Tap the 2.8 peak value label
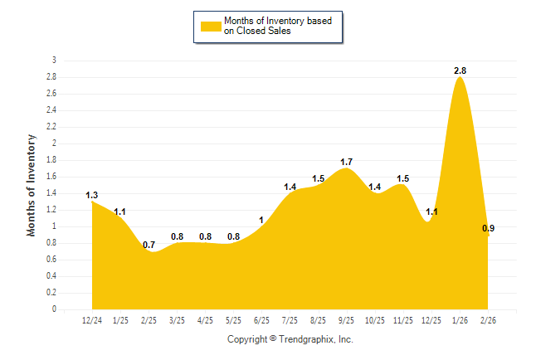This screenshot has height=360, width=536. pos(460,71)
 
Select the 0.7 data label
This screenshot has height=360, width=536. pos(149,245)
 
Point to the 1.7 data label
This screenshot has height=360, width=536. pos(347,161)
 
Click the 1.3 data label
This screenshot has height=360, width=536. pos(91,195)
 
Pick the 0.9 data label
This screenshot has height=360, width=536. pos(489,228)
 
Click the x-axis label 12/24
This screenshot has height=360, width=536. pos(93,320)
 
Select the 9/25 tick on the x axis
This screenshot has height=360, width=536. pos(347,320)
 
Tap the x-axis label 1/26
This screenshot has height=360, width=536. pos(460,320)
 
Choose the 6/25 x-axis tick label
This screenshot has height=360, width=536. pos(262,320)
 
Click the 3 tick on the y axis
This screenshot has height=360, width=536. pos(54,61)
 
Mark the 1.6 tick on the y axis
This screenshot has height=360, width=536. pos(51,177)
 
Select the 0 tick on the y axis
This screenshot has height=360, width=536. pos(54,309)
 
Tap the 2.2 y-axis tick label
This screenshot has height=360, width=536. pos(51,127)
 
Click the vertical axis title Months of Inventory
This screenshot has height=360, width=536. pos(32,185)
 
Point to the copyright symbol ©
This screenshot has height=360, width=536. pos(273,339)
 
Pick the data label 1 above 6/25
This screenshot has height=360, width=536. pos(261,220)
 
